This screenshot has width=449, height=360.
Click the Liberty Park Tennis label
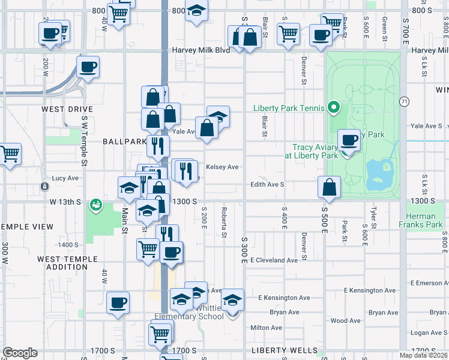click(x=289, y=108)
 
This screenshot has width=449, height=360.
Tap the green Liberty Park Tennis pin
click(x=335, y=109)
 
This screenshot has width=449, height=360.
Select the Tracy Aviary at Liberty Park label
click(x=315, y=151)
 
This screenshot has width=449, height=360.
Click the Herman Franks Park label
click(x=424, y=220)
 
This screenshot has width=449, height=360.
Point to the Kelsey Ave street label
click(x=222, y=167)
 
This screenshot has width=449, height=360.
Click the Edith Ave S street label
click(x=267, y=185)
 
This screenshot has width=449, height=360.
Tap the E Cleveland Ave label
click(x=274, y=260)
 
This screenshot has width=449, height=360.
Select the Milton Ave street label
click(x=266, y=328)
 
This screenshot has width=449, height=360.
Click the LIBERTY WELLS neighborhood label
click(x=285, y=350)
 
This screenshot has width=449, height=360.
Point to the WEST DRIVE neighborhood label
click(x=67, y=109)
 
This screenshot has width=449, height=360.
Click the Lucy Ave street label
click(x=65, y=178)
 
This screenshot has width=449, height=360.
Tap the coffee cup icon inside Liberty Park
click(x=349, y=141)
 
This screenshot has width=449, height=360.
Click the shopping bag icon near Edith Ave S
click(x=329, y=187)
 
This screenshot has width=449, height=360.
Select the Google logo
click(x=20, y=353)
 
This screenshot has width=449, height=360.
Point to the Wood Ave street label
click(x=346, y=320)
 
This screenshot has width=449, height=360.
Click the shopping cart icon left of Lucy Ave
click(x=10, y=154)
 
